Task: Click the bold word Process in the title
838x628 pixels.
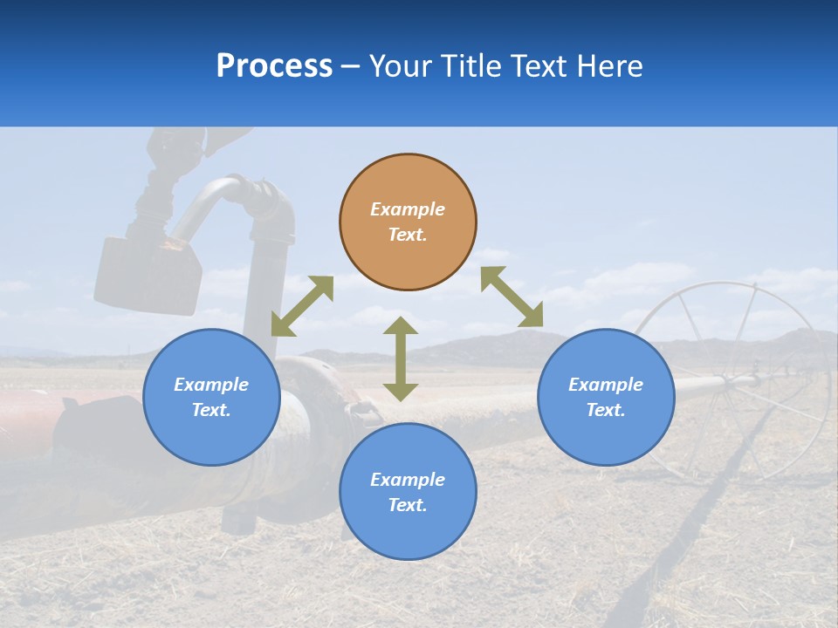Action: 274,66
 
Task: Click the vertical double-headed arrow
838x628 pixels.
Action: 401,358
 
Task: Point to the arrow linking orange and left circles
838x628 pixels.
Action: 302,305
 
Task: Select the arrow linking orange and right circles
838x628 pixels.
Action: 512,297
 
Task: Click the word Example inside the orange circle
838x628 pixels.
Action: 408,209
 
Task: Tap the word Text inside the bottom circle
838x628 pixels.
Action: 407,505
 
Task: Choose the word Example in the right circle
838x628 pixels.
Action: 606,385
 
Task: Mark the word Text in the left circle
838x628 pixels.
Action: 211,410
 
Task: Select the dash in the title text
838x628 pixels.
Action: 351,67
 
